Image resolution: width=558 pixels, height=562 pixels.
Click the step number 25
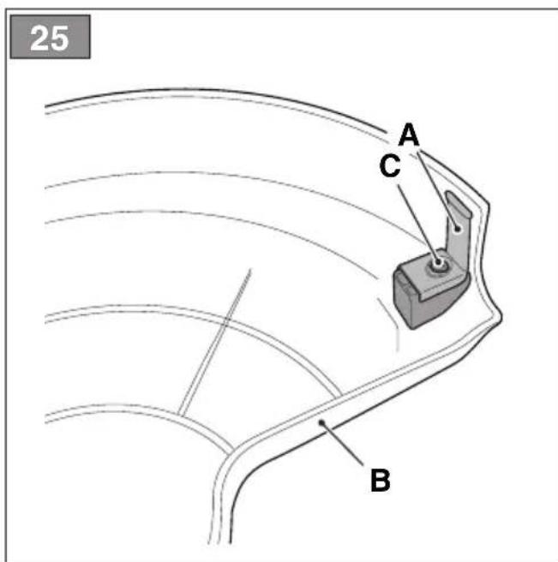(x=50, y=38)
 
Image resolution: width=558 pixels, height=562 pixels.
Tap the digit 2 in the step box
(x=39, y=38)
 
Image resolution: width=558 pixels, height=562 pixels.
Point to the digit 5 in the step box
(x=59, y=39)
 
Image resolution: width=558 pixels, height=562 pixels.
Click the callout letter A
(x=409, y=135)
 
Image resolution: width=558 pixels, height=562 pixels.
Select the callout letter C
(x=390, y=165)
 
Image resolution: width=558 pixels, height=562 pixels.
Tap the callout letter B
(x=380, y=480)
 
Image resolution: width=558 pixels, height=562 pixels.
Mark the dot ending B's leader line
(x=322, y=423)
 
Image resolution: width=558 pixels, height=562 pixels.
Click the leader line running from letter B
(x=343, y=445)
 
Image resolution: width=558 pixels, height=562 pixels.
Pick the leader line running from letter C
(x=417, y=223)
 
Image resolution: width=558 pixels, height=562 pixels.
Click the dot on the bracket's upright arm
(x=457, y=228)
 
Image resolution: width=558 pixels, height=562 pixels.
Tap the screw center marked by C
(x=438, y=263)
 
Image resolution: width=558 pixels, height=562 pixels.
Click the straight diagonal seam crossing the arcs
(x=214, y=343)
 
